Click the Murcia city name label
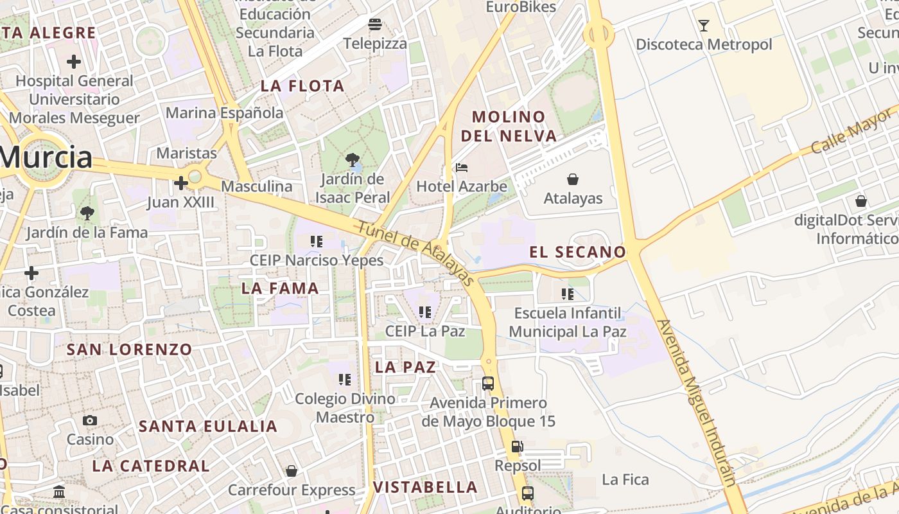(x=46, y=157)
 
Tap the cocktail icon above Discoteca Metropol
(x=704, y=26)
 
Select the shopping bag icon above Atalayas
(x=573, y=179)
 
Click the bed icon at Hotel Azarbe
(x=461, y=168)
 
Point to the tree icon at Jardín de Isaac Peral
(x=351, y=160)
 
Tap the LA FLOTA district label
(x=302, y=85)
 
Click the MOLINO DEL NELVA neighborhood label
(x=508, y=127)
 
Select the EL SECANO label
(x=577, y=252)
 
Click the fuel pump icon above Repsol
(x=517, y=447)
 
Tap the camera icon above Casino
(x=90, y=421)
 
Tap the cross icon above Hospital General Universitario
(x=74, y=62)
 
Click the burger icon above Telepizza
(x=375, y=25)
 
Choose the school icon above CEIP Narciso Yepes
(x=316, y=242)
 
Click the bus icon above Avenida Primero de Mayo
(x=488, y=384)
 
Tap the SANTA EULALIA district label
(x=208, y=426)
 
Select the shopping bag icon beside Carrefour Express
(x=292, y=472)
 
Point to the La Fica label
(x=625, y=479)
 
